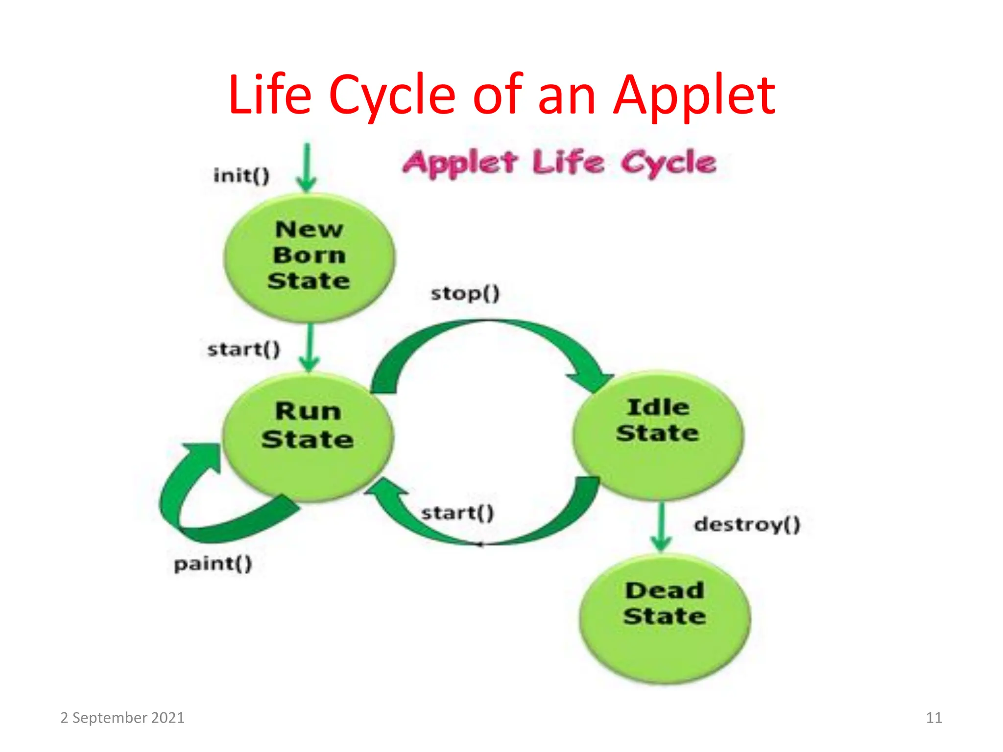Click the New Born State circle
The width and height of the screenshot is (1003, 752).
pyautogui.click(x=309, y=258)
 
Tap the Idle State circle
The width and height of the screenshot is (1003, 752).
pyautogui.click(x=658, y=435)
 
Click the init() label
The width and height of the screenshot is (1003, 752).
pyautogui.click(x=241, y=175)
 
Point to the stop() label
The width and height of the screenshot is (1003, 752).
pyautogui.click(x=465, y=293)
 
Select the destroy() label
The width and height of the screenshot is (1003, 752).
pyautogui.click(x=747, y=524)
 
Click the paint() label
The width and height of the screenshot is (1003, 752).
pyautogui.click(x=213, y=564)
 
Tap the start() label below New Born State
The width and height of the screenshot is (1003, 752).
pyautogui.click(x=243, y=350)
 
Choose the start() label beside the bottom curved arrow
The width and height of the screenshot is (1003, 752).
pyautogui.click(x=457, y=513)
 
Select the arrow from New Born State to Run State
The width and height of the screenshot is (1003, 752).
pyautogui.click(x=310, y=348)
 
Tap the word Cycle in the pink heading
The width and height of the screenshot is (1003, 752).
pyautogui.click(x=669, y=163)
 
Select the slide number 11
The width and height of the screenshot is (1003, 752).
pyautogui.click(x=934, y=718)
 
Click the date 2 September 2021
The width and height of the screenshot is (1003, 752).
pyautogui.click(x=122, y=718)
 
